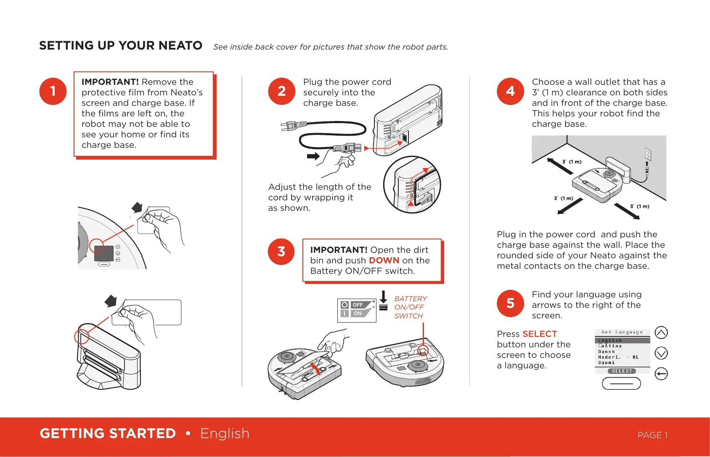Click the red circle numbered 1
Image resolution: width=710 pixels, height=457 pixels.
click(53, 91)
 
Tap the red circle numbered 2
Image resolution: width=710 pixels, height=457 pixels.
click(282, 91)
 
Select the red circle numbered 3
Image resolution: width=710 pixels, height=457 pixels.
click(281, 252)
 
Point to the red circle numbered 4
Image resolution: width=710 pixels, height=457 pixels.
click(510, 91)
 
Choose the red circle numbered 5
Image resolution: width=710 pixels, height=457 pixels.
click(510, 303)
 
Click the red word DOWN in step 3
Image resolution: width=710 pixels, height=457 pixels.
click(384, 260)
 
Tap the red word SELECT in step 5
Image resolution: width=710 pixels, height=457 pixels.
click(540, 334)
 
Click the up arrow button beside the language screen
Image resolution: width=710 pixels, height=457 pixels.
click(661, 333)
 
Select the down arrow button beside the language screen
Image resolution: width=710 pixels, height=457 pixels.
click(661, 353)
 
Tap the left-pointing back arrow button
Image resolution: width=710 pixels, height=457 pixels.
click(661, 374)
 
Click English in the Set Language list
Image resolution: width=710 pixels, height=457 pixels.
click(610, 341)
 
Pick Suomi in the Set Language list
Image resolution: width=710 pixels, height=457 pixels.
click(607, 362)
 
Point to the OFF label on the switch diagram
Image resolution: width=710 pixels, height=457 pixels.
click(358, 305)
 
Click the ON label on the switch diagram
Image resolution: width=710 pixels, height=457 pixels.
click(358, 313)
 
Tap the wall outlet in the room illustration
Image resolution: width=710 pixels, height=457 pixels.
click(648, 154)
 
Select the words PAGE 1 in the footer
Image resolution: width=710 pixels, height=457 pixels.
click(652, 435)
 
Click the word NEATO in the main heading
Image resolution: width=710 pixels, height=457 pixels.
click(180, 45)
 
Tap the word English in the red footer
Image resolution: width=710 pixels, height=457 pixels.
click(225, 433)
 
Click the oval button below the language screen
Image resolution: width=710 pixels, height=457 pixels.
click(621, 383)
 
